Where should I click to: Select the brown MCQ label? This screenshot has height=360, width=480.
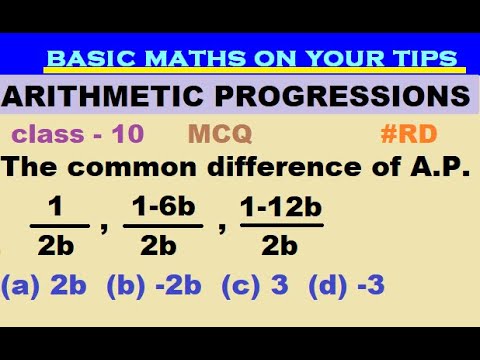(219, 133)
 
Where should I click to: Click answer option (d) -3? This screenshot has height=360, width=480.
(347, 287)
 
